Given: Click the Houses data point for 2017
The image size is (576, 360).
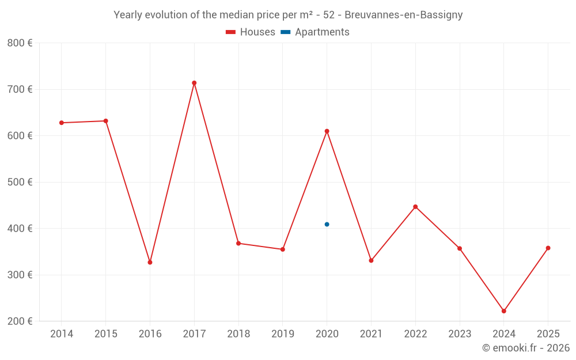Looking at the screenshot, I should tap(194, 83).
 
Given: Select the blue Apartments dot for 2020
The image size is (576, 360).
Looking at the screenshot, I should tap(327, 224).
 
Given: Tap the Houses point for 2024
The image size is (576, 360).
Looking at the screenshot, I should tap(503, 311).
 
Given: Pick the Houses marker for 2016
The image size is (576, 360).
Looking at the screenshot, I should tap(150, 262).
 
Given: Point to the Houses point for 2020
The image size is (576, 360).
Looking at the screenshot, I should tap(327, 131).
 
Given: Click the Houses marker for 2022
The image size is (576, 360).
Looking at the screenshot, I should tap(415, 207).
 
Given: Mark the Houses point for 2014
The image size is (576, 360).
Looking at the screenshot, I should tap(62, 123).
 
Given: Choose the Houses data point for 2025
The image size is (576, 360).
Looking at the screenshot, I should tap(548, 248).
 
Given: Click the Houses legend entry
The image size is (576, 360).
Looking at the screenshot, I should tap(251, 32).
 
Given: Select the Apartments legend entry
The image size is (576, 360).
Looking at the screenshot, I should tap(315, 32).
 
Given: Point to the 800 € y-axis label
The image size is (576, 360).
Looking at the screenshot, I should tap(20, 43).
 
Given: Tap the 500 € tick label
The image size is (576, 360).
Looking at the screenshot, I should tap(20, 182).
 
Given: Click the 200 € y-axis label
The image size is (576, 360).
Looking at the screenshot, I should tap(20, 321).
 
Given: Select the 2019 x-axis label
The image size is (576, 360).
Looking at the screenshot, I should tap(282, 334).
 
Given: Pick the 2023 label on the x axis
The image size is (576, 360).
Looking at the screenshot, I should tap(459, 334).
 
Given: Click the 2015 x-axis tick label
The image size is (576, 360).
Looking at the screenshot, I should tap(106, 334).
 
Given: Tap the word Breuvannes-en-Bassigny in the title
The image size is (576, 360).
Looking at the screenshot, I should tap(403, 15).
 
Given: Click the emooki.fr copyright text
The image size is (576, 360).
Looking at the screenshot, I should tap(525, 348).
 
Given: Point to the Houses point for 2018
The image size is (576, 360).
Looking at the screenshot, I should tap(238, 243).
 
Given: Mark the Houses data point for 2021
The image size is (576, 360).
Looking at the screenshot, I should tap(371, 260).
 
